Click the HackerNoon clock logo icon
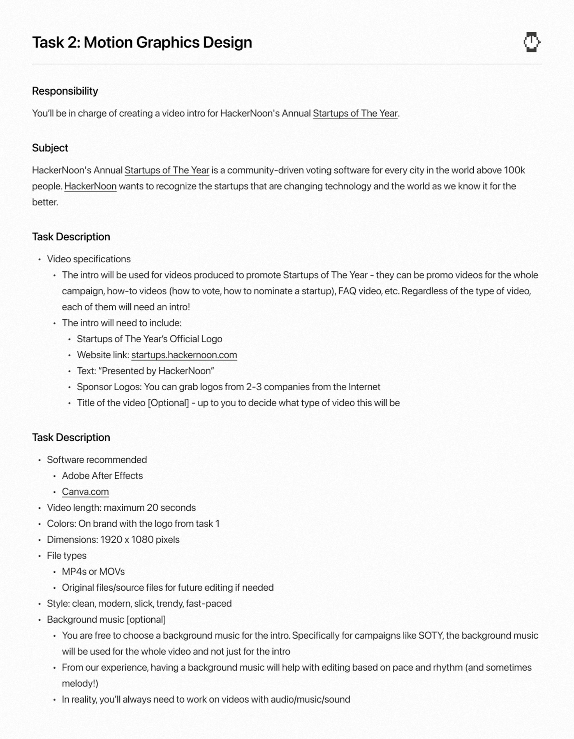(531, 42)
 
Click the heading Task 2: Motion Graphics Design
(142, 43)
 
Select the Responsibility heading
(65, 91)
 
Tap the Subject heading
(50, 148)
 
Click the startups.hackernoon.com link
(184, 355)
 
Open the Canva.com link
(85, 492)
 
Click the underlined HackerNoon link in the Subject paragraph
(90, 187)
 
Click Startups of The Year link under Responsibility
(355, 113)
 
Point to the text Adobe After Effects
(102, 476)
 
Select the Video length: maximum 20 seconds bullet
(121, 508)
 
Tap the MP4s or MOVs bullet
(93, 572)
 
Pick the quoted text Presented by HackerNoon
(158, 371)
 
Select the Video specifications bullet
(89, 259)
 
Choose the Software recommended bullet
(97, 460)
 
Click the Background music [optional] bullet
(106, 619)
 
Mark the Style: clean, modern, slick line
(139, 604)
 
